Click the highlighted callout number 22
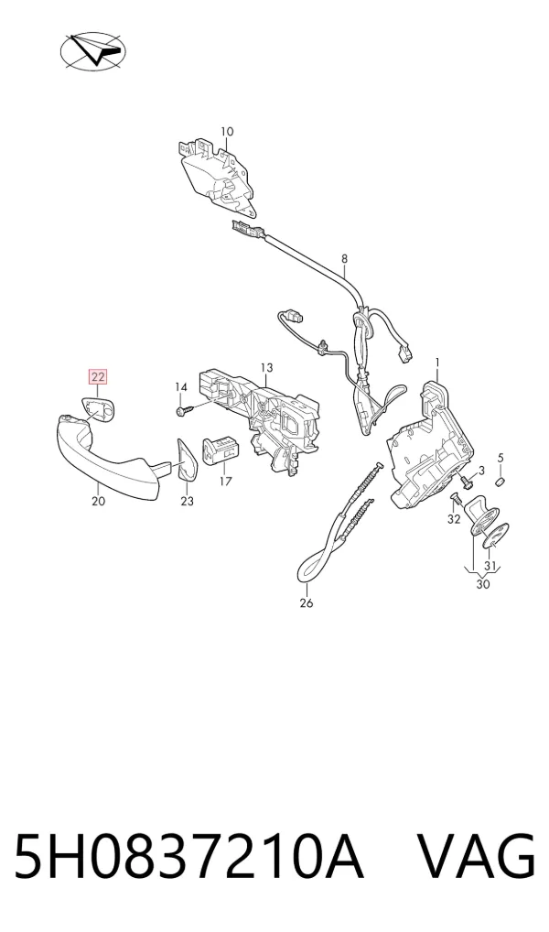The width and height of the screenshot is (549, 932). point(98,376)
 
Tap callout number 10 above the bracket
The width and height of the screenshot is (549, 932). point(227,131)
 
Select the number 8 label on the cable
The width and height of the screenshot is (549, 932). point(344,258)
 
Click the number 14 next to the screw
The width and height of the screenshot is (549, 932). point(180,387)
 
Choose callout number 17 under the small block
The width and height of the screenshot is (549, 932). point(225,482)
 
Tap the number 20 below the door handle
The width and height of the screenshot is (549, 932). point(98,501)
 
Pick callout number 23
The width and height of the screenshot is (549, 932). point(188,501)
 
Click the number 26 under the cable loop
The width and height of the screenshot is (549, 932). point(306,603)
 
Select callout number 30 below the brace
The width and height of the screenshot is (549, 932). point(483,584)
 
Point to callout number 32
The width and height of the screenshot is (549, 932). point(454,519)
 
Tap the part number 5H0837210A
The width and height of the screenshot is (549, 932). point(188,856)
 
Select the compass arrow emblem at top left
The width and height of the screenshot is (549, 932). point(93,51)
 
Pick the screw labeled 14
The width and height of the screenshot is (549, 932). point(184,409)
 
